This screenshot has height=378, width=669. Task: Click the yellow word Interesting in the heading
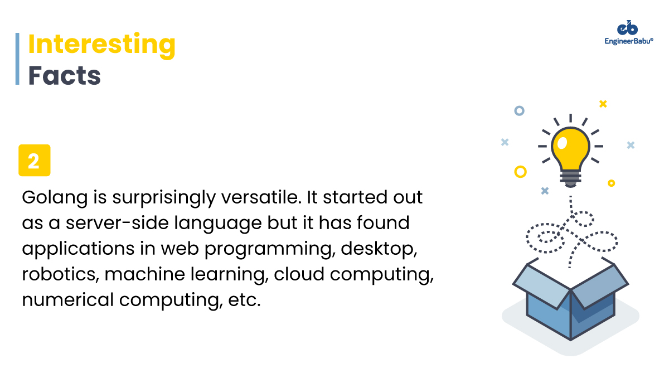[101, 45]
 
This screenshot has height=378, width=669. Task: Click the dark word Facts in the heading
[65, 75]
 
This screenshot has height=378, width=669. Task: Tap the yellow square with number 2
[35, 161]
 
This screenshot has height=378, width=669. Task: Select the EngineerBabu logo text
[629, 41]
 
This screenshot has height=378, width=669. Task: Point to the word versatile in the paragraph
[261, 197]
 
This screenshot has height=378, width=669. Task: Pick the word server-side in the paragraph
[117, 223]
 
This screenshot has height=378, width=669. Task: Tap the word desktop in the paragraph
[379, 249]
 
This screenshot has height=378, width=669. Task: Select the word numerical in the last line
[68, 300]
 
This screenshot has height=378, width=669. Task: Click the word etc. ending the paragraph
[244, 300]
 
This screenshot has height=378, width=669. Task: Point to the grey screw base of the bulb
[570, 178]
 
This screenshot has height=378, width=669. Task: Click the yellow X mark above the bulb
[603, 104]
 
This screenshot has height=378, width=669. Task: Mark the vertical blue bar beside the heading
[17, 59]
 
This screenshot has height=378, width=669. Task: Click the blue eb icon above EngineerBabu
[627, 28]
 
